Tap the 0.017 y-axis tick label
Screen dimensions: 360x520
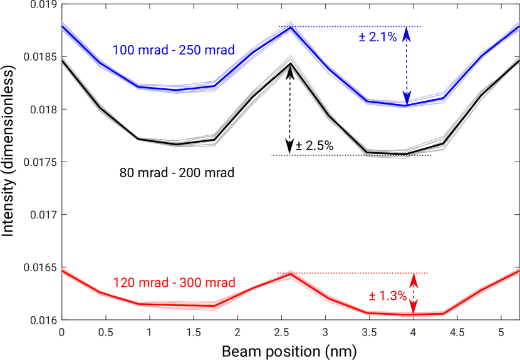click(x=42, y=215)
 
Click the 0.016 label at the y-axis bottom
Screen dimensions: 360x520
click(x=42, y=320)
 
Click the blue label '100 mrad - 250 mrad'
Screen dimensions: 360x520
click(x=174, y=50)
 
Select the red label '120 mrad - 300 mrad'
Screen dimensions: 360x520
click(x=174, y=283)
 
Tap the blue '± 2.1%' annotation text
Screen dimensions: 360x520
click(x=378, y=37)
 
